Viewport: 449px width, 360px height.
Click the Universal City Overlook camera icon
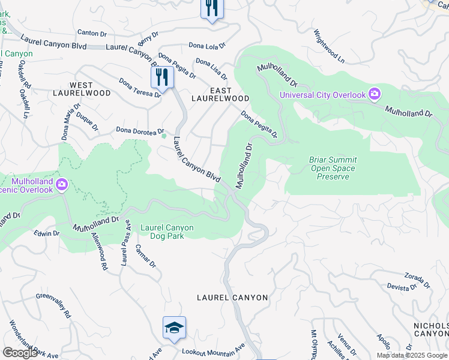coord(375,94)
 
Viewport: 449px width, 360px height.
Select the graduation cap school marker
coord(174,328)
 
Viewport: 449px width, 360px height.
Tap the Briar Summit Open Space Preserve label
coord(333,169)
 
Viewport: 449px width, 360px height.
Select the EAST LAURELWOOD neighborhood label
coord(220,94)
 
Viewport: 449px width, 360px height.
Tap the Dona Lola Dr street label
coord(206,45)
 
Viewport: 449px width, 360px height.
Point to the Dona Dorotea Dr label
coord(140,130)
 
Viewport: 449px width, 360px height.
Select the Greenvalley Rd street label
coord(53,304)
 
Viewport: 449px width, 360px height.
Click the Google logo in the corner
coord(20,353)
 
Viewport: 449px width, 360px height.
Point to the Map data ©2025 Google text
coord(412,355)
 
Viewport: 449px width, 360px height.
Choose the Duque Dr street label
coord(87,123)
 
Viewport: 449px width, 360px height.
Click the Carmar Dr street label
coord(145,256)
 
